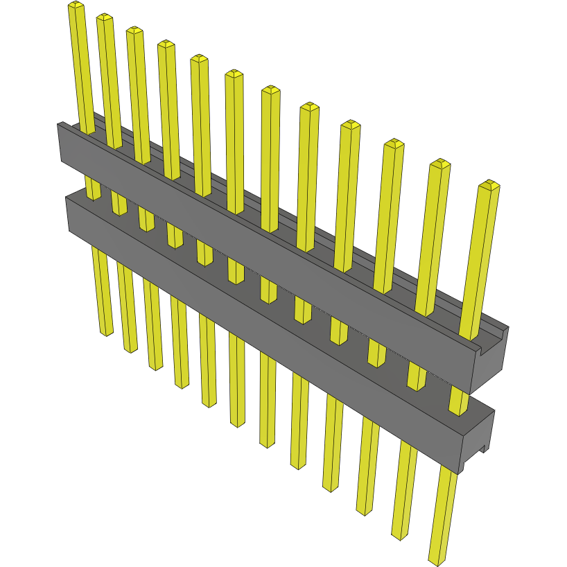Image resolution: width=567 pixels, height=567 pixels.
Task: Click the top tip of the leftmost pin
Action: pyautogui.click(x=76, y=6)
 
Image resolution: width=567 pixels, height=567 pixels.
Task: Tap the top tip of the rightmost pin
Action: pyautogui.click(x=489, y=185)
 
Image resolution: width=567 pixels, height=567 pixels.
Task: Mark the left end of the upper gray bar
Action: pyautogui.click(x=60, y=142)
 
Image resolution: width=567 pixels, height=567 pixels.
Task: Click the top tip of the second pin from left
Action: pyautogui.click(x=105, y=17)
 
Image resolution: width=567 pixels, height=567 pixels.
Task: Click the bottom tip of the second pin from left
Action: pyautogui.click(x=130, y=348)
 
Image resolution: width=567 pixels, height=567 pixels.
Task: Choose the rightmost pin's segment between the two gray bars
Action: pyautogui.click(x=457, y=401)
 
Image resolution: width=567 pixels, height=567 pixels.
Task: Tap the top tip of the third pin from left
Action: pyautogui.click(x=134, y=31)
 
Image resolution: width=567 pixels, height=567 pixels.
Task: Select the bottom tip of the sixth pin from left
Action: pyautogui.click(x=238, y=422)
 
